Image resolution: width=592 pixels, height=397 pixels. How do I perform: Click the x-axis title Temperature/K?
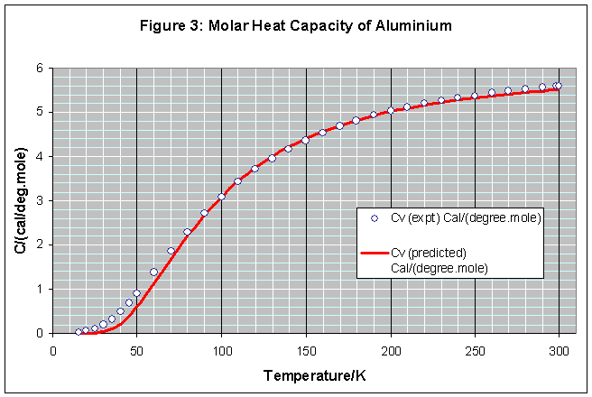coord(305,374)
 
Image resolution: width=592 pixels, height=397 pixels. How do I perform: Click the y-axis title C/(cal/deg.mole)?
coord(20,201)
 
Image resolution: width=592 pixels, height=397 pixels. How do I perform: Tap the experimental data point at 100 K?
coord(221,197)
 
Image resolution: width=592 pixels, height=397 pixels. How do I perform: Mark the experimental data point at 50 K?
coord(136,293)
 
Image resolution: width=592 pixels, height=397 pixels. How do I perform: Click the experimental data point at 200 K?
coord(391,110)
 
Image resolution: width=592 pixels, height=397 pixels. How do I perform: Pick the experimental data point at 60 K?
coord(153,272)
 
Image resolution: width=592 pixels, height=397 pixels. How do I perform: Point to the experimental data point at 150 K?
coord(305,140)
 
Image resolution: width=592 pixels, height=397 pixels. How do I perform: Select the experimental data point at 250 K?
coord(475,96)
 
